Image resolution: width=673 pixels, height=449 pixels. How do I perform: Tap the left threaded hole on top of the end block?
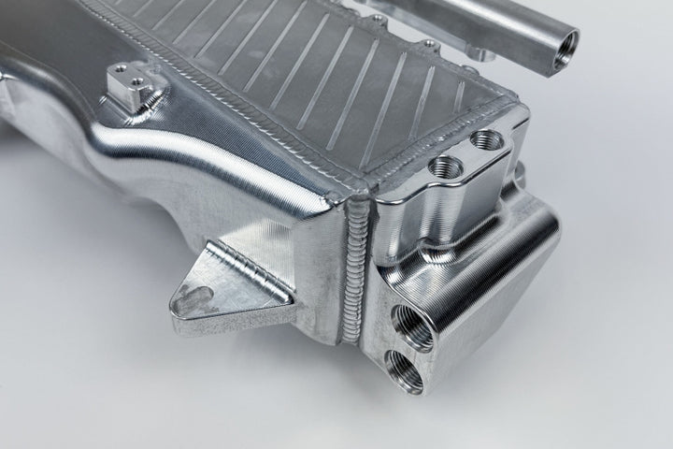coord(444,167)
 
